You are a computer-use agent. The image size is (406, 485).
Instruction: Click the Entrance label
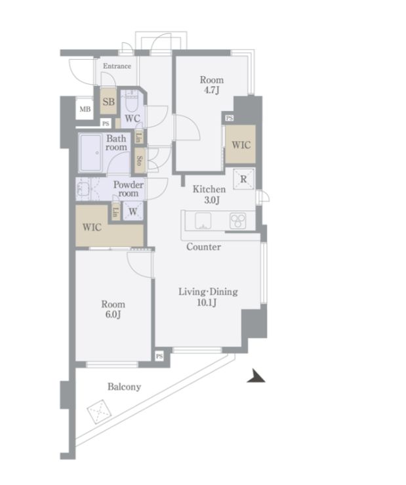tap(117, 66)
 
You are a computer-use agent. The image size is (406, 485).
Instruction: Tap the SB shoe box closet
tap(108, 101)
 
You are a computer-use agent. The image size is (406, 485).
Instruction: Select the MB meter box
tap(85, 109)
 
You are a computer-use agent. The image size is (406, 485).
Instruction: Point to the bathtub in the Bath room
tap(91, 153)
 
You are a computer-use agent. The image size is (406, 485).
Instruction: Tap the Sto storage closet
tap(140, 161)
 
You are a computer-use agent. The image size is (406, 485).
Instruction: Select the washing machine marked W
tap(133, 211)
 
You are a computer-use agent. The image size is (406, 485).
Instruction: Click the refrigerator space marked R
tap(243, 179)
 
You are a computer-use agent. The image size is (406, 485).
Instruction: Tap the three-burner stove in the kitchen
tap(238, 221)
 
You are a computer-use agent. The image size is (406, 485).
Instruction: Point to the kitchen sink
tap(203, 221)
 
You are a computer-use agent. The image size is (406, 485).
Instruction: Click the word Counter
tap(203, 247)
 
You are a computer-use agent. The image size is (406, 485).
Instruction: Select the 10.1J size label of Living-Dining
tap(207, 302)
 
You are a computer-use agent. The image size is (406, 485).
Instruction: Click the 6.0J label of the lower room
tap(113, 314)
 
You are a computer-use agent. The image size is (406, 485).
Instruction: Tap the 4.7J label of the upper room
tap(211, 91)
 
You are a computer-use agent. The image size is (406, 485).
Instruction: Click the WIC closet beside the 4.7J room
tap(241, 144)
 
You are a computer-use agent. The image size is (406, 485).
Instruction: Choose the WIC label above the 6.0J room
tap(92, 227)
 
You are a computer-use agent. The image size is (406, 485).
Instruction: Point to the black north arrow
tap(256, 376)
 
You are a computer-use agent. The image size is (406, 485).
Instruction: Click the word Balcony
tap(125, 387)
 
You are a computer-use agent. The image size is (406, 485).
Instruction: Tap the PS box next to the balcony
tap(159, 356)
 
